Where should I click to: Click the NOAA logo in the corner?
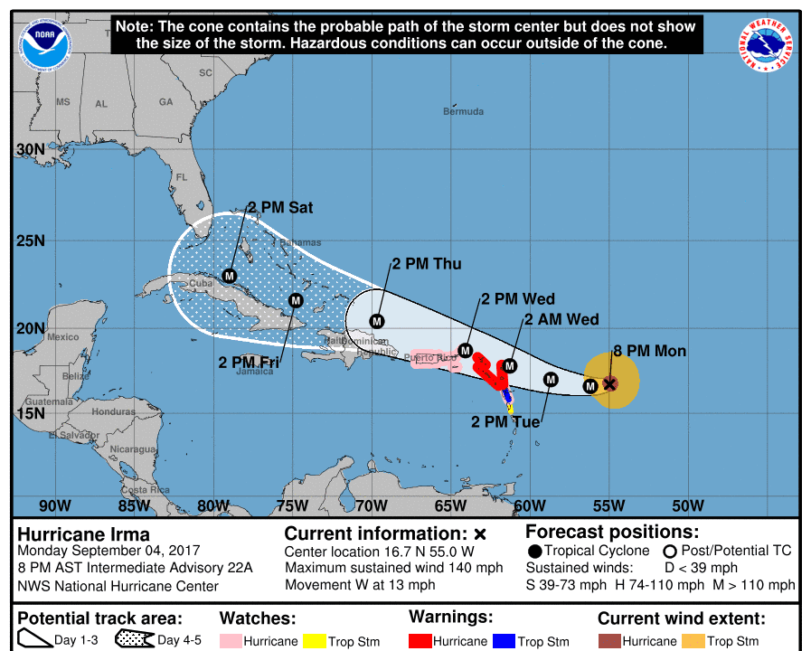click(x=40, y=42)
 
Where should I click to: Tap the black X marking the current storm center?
click(x=610, y=383)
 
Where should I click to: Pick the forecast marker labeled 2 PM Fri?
click(x=296, y=300)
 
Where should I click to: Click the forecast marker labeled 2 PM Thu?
click(x=377, y=320)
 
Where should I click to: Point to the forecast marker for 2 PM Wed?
click(x=466, y=350)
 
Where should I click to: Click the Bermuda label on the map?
click(x=463, y=112)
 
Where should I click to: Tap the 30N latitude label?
click(x=31, y=149)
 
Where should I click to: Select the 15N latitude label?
click(x=31, y=413)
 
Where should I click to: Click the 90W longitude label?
click(x=54, y=505)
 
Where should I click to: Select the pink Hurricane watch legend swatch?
click(x=230, y=641)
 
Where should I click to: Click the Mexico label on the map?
click(x=63, y=337)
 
